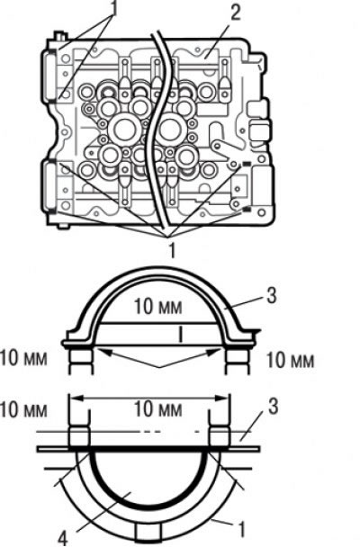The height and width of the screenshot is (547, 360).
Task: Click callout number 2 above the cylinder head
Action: (235, 13)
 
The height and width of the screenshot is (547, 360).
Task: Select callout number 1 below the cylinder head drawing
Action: (172, 250)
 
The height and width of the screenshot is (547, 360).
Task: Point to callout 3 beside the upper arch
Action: (271, 295)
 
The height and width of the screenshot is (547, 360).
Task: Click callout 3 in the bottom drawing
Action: (273, 406)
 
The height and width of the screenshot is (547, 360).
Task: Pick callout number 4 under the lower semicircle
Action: (62, 538)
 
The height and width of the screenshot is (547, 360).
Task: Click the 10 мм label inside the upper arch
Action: (158, 306)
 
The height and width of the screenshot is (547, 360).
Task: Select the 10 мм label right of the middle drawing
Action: (290, 360)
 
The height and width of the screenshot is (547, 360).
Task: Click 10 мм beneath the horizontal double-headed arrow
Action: (158, 408)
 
